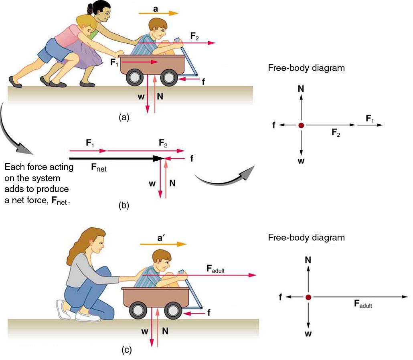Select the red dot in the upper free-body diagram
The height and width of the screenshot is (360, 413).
[x=301, y=125]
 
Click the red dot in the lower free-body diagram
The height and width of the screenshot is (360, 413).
[x=308, y=297]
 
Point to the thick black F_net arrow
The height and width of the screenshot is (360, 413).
[x=116, y=158]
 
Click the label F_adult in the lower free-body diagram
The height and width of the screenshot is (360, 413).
[x=363, y=304]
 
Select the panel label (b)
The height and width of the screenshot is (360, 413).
[x=124, y=206]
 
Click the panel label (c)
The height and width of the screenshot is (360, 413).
[x=126, y=350]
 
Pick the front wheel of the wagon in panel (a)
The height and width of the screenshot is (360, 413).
[x=169, y=78]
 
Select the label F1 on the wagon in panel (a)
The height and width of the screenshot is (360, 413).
[x=115, y=63]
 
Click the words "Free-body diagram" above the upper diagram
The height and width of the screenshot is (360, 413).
[x=306, y=68]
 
